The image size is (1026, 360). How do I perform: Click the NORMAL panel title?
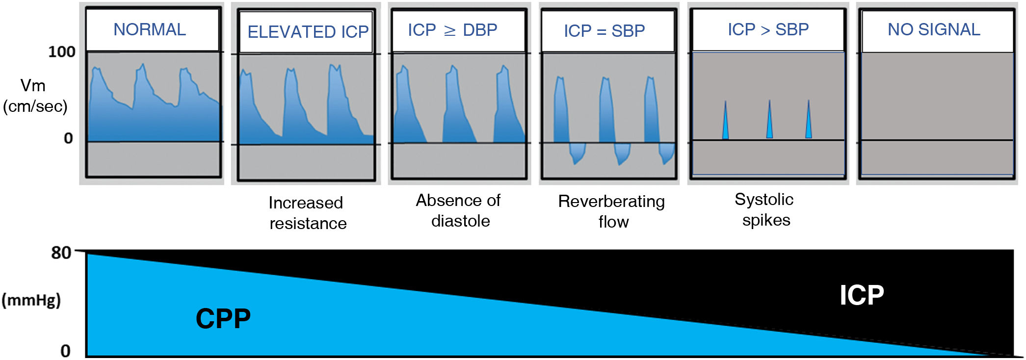click(x=150, y=29)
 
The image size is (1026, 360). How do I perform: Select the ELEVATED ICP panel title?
click(x=308, y=32)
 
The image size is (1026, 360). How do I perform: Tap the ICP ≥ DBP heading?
click(x=452, y=30)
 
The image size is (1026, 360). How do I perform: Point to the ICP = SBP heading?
click(x=604, y=31)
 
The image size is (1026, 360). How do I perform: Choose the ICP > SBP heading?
click(x=768, y=29)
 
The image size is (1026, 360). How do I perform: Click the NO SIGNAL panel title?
click(x=934, y=29)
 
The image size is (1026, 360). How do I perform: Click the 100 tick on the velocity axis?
click(x=62, y=51)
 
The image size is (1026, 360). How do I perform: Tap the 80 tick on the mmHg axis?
click(x=61, y=253)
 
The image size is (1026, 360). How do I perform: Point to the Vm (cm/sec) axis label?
click(x=34, y=96)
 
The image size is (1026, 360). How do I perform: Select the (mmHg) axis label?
click(x=31, y=300)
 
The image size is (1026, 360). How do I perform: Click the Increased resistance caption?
click(x=308, y=213)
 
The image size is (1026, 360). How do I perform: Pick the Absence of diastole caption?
click(x=459, y=210)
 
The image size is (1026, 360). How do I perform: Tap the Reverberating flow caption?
click(x=612, y=211)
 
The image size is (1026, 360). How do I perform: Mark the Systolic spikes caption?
click(x=764, y=209)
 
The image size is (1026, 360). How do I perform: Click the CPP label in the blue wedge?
click(x=223, y=319)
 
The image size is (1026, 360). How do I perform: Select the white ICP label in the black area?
click(x=862, y=295)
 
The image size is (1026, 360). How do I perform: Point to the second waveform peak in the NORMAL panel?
click(x=142, y=66)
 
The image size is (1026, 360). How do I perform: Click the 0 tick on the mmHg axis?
click(x=65, y=351)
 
